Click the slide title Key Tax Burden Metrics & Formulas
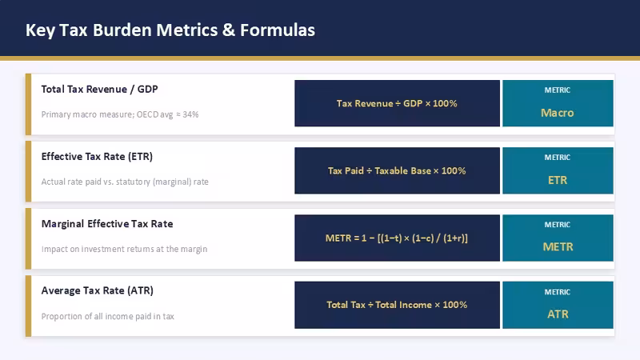(170, 30)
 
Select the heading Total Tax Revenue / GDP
(99, 90)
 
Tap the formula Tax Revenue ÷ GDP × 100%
(397, 103)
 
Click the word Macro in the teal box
(557, 113)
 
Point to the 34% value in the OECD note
(190, 114)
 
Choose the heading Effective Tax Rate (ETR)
(97, 157)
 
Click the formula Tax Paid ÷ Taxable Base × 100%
(397, 170)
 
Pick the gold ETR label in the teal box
(558, 180)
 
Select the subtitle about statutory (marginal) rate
(125, 182)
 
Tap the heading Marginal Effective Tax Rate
(107, 224)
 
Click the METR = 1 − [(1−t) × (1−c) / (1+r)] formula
(397, 238)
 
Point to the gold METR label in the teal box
(558, 247)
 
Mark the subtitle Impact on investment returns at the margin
(124, 249)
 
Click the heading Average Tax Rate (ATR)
(97, 290)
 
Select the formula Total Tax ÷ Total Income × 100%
(397, 305)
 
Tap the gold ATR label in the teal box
(558, 314)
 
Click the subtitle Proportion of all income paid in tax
(108, 316)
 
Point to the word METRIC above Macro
(558, 90)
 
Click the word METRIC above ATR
(558, 292)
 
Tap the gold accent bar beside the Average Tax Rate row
(28, 306)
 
